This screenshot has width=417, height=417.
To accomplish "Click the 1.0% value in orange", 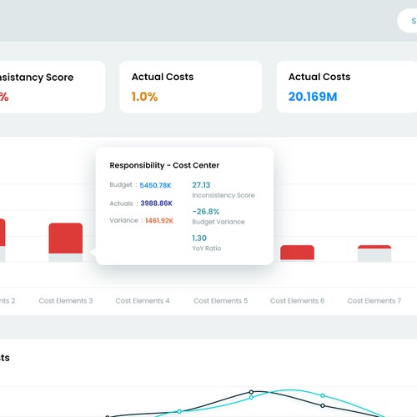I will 144,96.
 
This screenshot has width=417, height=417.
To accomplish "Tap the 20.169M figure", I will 313,96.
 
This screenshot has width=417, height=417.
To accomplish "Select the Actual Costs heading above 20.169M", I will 319,77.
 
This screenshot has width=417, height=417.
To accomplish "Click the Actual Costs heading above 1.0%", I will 163,77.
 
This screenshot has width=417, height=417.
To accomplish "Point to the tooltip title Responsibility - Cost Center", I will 164,165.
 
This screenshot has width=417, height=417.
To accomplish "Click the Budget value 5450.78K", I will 156,185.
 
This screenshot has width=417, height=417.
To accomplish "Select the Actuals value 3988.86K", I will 157,203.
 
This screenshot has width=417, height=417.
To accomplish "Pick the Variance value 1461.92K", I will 159,221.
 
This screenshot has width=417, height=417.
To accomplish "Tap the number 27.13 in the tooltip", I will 201,185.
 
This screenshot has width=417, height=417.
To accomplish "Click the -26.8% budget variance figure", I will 205,211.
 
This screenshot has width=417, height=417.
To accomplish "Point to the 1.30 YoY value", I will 199,238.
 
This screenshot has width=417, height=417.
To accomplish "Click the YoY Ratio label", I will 207,249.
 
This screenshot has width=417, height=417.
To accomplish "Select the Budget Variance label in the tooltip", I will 219,222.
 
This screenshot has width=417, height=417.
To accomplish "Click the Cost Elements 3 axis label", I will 66,300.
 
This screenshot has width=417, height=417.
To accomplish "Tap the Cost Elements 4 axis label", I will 143,300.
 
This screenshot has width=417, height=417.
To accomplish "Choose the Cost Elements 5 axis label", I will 220,300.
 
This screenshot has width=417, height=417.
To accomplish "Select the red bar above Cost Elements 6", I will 297,253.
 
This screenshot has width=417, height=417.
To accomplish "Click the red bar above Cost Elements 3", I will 66,239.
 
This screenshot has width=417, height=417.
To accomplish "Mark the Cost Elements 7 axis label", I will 374,300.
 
